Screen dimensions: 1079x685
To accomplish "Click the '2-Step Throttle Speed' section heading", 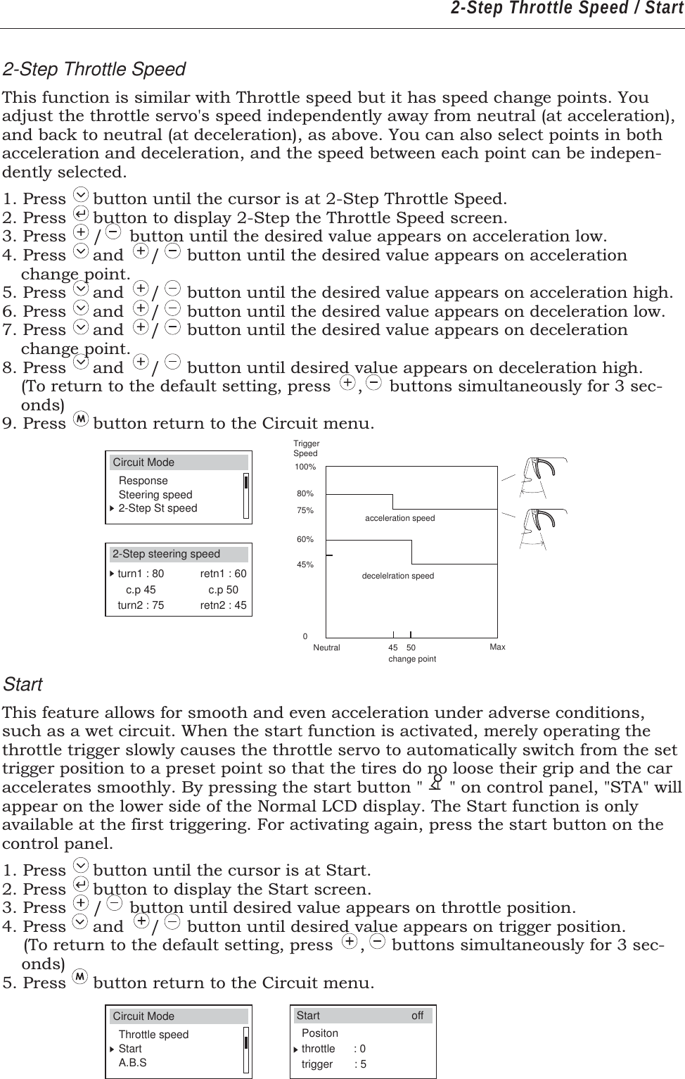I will click(x=94, y=70).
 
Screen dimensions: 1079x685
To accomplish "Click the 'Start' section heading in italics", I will click(x=23, y=684).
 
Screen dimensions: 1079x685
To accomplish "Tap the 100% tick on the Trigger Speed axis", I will click(x=306, y=467).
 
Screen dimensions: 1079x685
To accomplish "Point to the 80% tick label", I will click(x=305, y=494).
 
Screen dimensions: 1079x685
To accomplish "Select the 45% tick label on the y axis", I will click(x=305, y=564).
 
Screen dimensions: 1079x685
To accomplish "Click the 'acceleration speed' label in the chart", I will click(x=399, y=518).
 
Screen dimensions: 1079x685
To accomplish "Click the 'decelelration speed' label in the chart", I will click(x=397, y=576).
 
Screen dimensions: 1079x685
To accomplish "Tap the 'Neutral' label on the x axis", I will click(x=326, y=648).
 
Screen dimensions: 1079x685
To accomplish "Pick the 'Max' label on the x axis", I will click(x=497, y=647).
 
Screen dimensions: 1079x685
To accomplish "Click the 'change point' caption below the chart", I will click(x=412, y=659).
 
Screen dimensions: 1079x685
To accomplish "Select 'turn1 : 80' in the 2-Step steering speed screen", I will click(x=141, y=574).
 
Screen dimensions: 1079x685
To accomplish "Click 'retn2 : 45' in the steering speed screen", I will click(x=223, y=605).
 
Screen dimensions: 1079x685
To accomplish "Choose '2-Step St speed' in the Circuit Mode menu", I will click(x=158, y=508).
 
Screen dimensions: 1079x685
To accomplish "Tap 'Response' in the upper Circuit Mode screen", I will click(x=143, y=481).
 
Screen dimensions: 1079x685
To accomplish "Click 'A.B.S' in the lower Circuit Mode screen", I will click(x=133, y=1062).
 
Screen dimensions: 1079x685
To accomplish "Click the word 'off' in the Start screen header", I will click(x=417, y=1016).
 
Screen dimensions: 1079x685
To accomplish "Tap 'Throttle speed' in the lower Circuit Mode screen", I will click(x=153, y=1035).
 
